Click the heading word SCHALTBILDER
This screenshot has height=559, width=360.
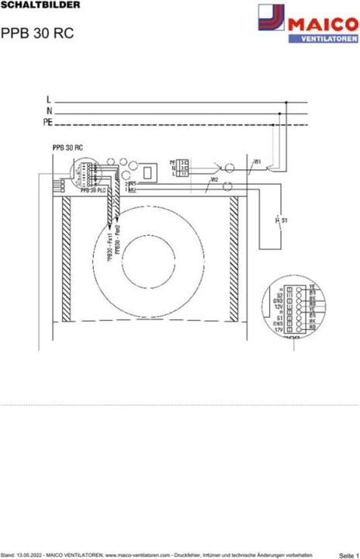30,5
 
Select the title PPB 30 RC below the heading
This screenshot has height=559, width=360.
32,34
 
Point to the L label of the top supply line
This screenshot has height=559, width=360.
49,99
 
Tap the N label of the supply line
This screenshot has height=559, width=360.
49,111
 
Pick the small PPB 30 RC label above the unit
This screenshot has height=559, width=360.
67,148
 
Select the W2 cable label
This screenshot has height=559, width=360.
213,180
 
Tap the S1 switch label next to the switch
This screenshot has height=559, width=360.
285,221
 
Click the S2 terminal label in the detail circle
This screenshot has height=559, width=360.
279,296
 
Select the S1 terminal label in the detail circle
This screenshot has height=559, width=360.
279,318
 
